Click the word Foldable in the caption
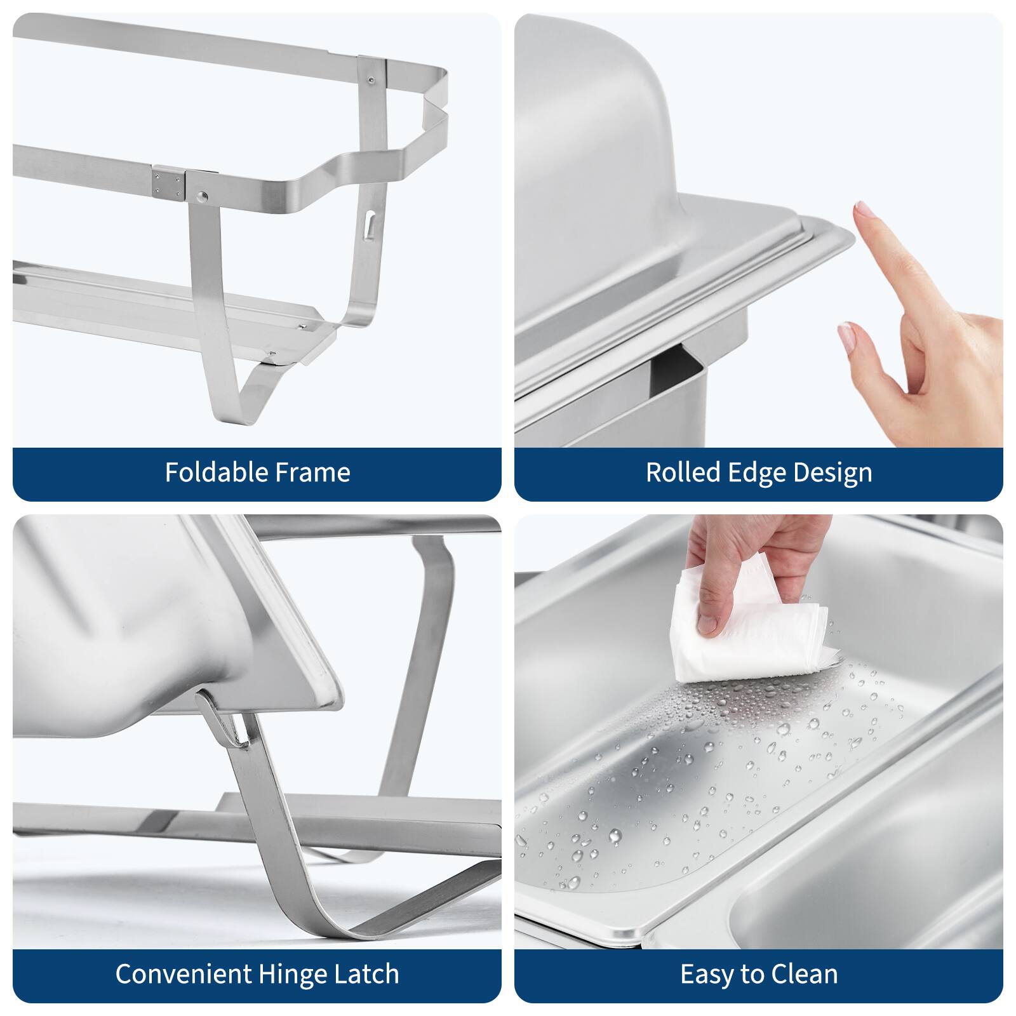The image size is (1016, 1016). pos(208,472)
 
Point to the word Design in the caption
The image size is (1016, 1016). pos(832,472)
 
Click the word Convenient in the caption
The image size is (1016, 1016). pos(184,974)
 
